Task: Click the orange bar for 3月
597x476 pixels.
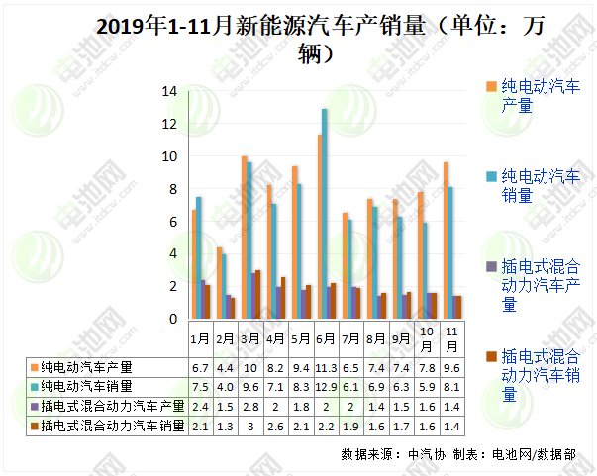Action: click(244, 237)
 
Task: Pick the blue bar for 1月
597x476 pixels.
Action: click(199, 257)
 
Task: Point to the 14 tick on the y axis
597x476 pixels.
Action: click(169, 91)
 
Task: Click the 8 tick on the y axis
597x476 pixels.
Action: click(172, 189)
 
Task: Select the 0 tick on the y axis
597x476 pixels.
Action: click(172, 319)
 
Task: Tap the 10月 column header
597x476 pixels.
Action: click(427, 338)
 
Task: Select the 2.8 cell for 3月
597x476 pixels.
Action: click(249, 406)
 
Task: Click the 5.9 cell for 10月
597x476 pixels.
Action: click(427, 386)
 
